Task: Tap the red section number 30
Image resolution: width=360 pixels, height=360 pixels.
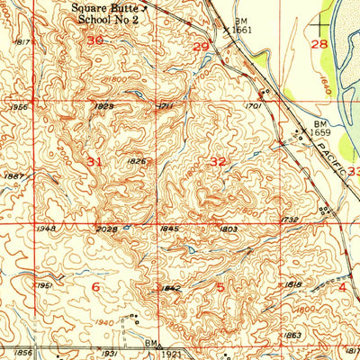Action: (95, 40)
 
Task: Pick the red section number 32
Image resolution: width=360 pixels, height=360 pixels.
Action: (218, 161)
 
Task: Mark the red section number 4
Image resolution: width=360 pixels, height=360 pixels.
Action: (342, 287)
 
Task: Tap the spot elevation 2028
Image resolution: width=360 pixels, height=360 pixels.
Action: (105, 229)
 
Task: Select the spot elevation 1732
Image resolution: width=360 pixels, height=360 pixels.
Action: (289, 220)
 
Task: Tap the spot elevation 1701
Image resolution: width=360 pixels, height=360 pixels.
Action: (252, 106)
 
